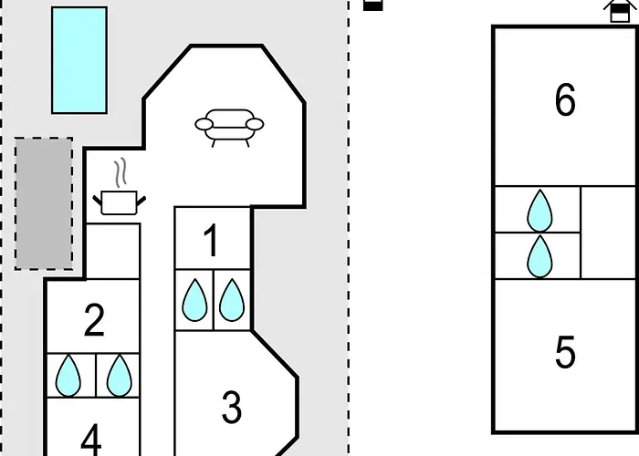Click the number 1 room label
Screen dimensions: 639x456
(x=211, y=241)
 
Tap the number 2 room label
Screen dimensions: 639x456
(x=94, y=320)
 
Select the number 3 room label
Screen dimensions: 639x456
(x=232, y=407)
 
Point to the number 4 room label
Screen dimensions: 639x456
(x=91, y=440)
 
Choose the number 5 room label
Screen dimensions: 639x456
(x=565, y=352)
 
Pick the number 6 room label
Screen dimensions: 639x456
(x=565, y=99)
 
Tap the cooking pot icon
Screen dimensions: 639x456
(x=119, y=202)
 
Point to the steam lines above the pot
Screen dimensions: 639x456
(x=120, y=172)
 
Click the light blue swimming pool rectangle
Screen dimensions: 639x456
(x=79, y=60)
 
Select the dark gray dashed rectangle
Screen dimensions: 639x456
(x=44, y=203)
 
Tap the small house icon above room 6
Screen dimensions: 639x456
(x=619, y=10)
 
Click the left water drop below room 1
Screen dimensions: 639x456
(x=194, y=300)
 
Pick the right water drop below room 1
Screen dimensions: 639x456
(x=232, y=300)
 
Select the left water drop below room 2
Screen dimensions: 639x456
(x=68, y=376)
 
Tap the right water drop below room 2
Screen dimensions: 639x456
(x=119, y=376)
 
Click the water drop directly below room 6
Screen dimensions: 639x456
(x=539, y=211)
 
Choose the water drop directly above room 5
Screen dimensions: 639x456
(x=539, y=256)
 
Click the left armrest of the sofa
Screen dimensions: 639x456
(x=204, y=124)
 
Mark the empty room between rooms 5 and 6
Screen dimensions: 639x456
(x=608, y=233)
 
